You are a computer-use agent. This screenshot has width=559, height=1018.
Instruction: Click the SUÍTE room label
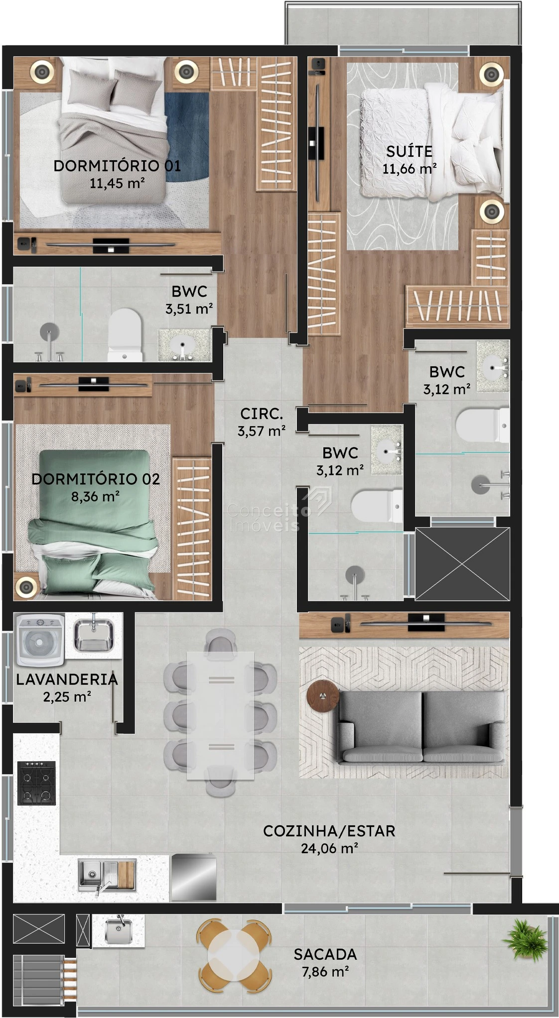pyautogui.click(x=409, y=151)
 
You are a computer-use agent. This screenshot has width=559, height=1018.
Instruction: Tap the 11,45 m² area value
pyautogui.click(x=117, y=183)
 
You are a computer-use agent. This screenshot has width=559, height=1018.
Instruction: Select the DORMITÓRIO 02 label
pyautogui.click(x=96, y=479)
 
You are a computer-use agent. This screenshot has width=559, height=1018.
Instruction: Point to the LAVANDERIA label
pyautogui.click(x=67, y=679)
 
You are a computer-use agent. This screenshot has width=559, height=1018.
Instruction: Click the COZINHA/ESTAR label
pyautogui.click(x=329, y=831)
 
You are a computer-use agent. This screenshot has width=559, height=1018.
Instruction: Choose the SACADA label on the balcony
pyautogui.click(x=325, y=954)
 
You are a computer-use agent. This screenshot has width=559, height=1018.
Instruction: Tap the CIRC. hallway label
pyautogui.click(x=262, y=414)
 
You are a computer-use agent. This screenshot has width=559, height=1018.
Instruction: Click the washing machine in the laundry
pyautogui.click(x=40, y=640)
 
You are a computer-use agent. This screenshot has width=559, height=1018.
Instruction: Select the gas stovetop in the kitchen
pyautogui.click(x=36, y=783)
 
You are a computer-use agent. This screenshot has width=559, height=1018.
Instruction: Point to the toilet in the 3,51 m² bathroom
pyautogui.click(x=125, y=335)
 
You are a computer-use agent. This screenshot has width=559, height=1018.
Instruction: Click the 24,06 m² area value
pyautogui.click(x=329, y=848)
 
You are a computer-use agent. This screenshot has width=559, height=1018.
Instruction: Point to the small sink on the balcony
pyautogui.click(x=119, y=931)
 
